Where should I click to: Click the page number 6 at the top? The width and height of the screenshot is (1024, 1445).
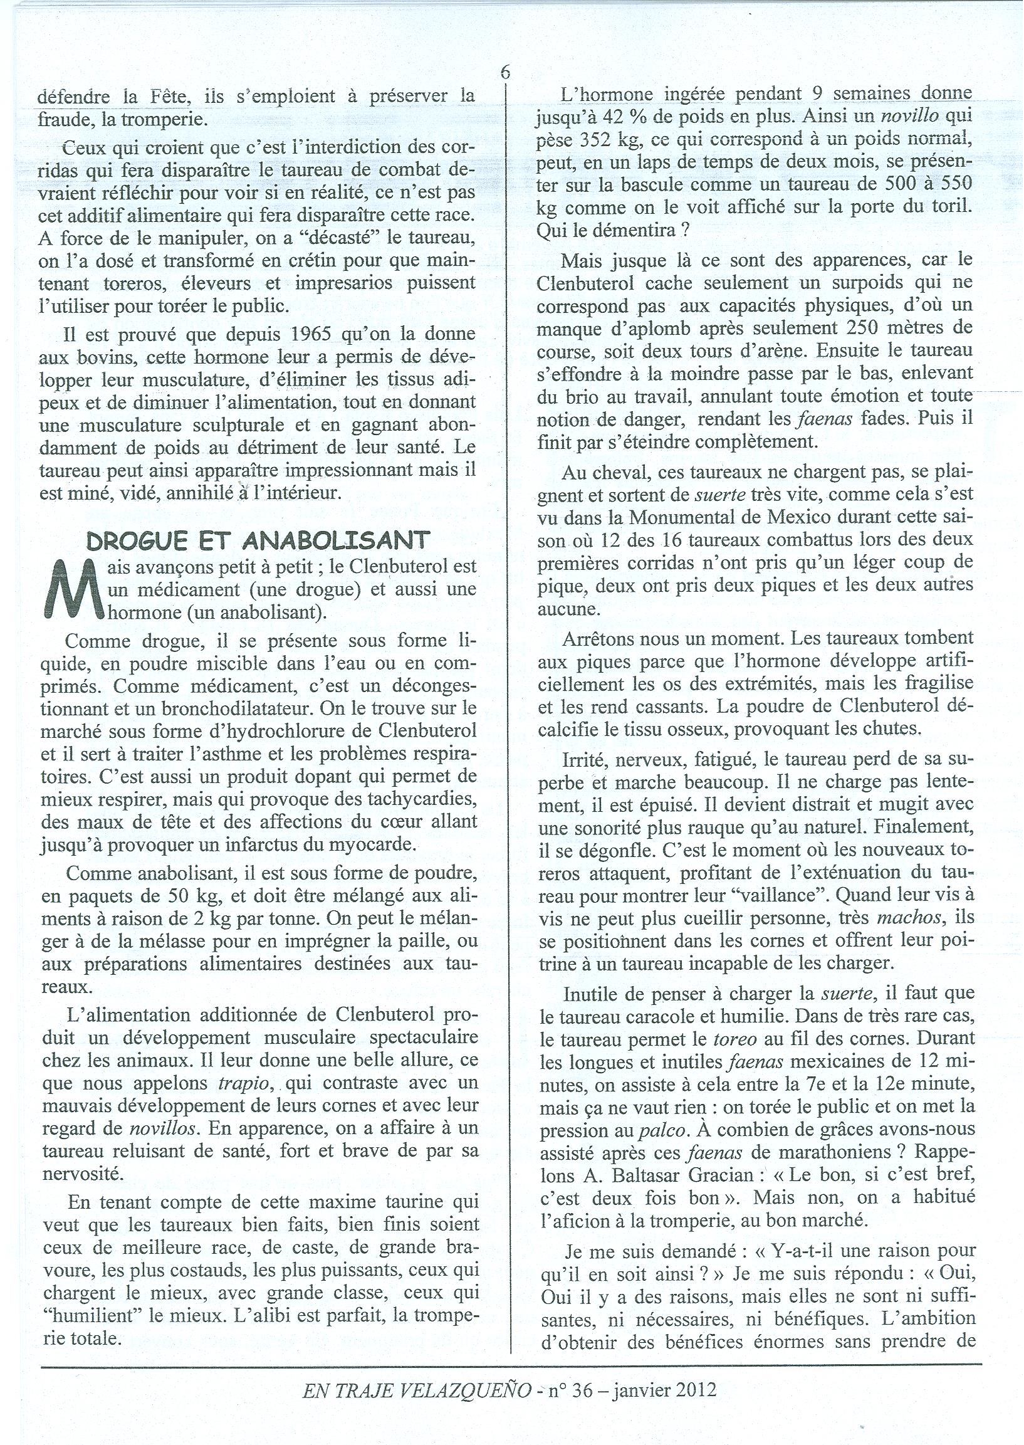tap(505, 71)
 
